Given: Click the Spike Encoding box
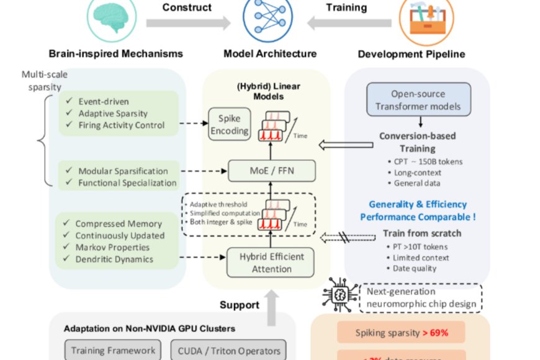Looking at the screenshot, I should (x=229, y=124).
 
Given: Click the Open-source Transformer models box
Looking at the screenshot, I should (x=418, y=101).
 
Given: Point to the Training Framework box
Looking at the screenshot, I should (x=113, y=350).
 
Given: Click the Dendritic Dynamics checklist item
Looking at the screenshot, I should (x=114, y=259).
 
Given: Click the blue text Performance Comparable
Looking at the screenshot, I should (x=418, y=217).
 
